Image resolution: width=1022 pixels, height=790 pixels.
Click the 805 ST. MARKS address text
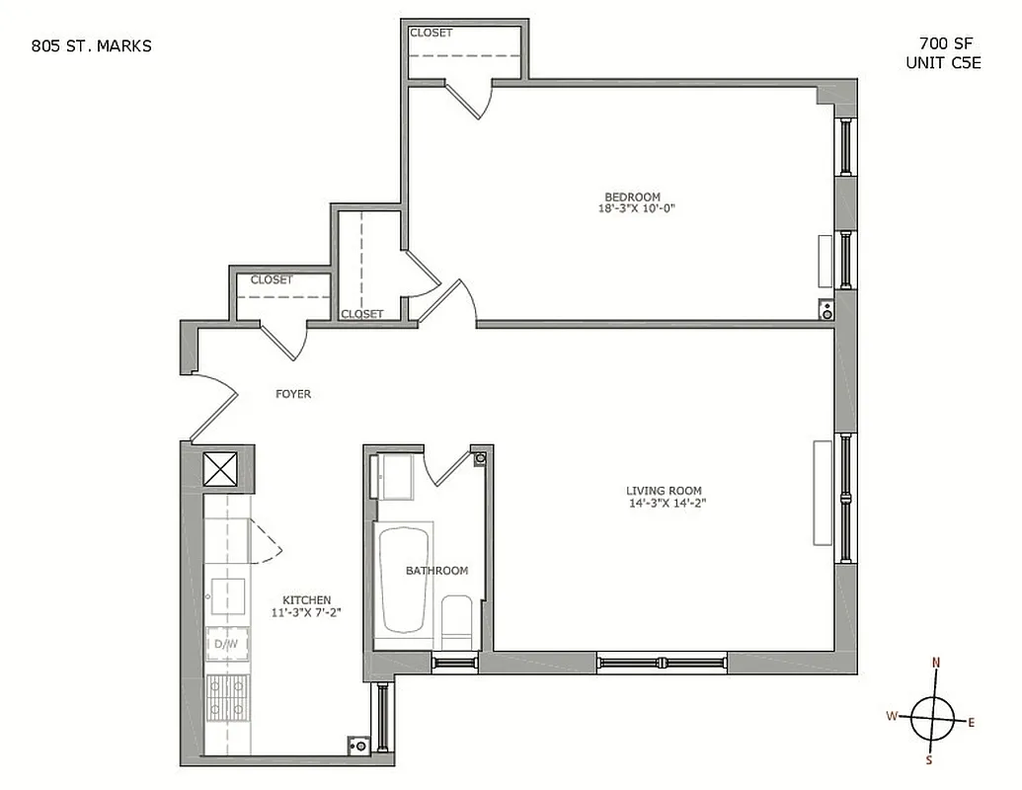(x=92, y=44)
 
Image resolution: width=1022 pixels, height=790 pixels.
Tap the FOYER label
(x=292, y=394)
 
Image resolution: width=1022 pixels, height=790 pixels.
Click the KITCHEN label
(x=306, y=599)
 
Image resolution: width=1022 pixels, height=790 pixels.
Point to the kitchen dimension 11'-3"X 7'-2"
(x=306, y=612)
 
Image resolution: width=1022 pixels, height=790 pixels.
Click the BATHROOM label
(x=436, y=571)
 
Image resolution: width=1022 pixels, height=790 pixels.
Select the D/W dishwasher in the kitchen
(x=226, y=645)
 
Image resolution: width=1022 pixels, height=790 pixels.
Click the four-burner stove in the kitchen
(x=226, y=698)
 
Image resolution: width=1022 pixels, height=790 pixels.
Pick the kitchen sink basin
(x=227, y=595)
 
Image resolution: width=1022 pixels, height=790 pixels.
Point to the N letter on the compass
(x=936, y=663)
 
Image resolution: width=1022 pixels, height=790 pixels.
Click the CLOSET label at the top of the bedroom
(x=431, y=33)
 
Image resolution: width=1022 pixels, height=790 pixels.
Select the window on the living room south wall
(x=662, y=662)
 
